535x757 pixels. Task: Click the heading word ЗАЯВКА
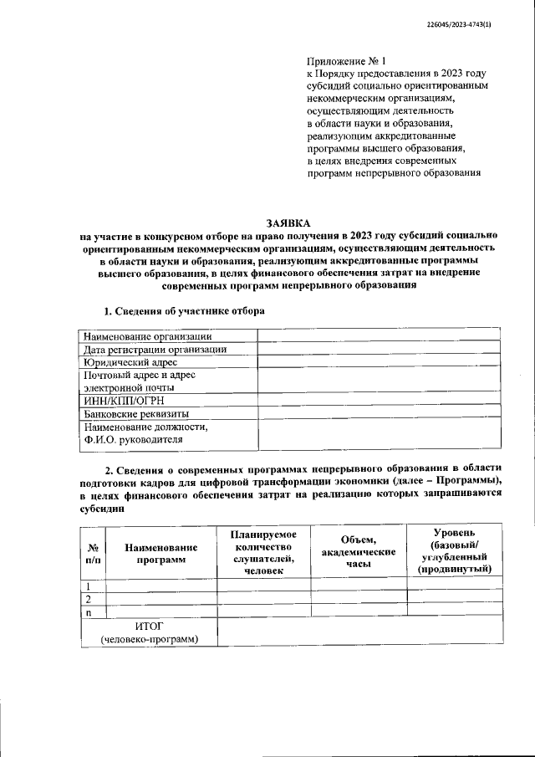pyautogui.click(x=288, y=222)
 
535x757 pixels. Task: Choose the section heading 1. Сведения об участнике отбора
pyautogui.click(x=184, y=311)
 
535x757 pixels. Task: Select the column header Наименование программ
pyautogui.click(x=160, y=553)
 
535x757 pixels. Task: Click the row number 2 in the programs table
pyautogui.click(x=88, y=600)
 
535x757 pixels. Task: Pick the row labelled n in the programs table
pyautogui.click(x=88, y=612)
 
